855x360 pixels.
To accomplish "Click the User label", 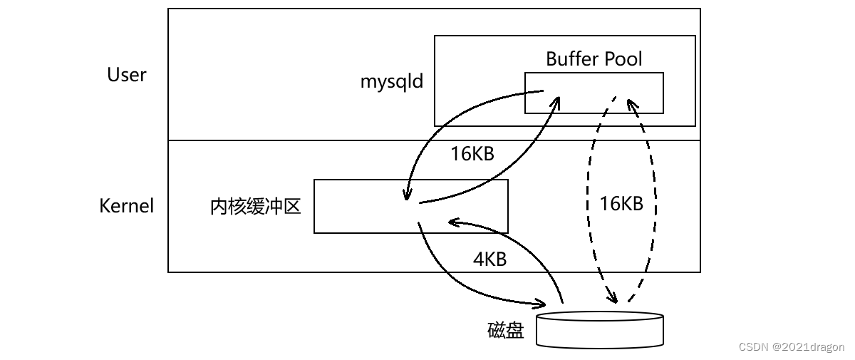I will [x=127, y=75].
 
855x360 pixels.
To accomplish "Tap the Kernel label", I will [x=127, y=207].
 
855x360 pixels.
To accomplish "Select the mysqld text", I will [x=391, y=81].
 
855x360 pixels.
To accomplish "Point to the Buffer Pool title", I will [x=594, y=58].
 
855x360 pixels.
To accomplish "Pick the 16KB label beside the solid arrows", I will [x=472, y=154].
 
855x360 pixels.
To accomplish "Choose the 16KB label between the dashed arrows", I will [x=621, y=204].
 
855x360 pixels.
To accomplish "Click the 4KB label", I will [x=489, y=259].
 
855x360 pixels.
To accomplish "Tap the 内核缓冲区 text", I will [x=256, y=207].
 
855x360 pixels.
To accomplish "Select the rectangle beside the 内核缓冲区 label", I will [x=410, y=206].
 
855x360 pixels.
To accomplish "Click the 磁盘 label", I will [x=506, y=331].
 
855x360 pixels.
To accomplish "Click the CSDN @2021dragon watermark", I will [x=792, y=347].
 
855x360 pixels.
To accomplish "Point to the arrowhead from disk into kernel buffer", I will [x=452, y=222].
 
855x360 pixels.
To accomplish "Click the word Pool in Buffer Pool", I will [x=620, y=58].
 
